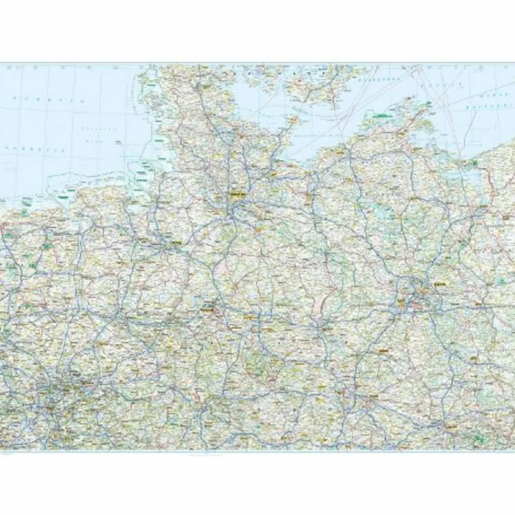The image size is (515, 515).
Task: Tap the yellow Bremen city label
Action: (176, 244)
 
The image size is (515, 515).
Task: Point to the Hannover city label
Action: (207, 305)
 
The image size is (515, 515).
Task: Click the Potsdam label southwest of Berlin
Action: (401, 302)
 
